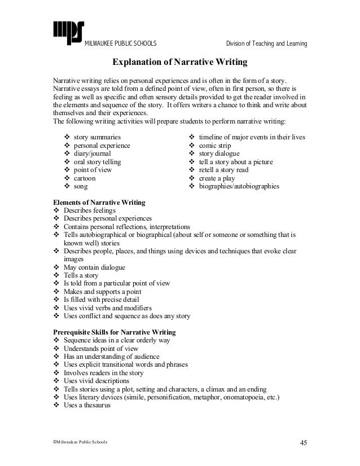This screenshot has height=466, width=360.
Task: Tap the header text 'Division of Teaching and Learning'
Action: tap(266, 44)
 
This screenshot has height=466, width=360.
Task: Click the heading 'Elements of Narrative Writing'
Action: tap(99, 201)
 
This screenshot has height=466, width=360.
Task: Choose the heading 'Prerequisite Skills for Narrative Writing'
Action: tap(114, 332)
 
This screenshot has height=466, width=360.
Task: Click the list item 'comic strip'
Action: tap(216, 145)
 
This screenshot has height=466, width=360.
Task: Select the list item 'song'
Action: tap(81, 186)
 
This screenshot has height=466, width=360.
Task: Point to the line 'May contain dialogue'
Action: tap(95, 267)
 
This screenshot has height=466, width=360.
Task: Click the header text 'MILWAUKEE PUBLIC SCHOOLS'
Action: tap(120, 44)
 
